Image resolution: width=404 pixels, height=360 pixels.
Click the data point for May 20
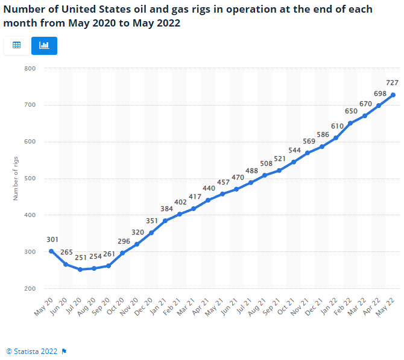(51, 251)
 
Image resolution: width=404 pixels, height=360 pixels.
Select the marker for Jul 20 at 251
(80, 270)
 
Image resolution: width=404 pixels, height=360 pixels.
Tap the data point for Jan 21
(165, 221)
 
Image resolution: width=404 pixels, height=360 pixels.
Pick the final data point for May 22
(393, 95)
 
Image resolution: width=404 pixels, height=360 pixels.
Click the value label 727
(392, 83)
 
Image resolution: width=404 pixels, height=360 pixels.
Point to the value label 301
(52, 239)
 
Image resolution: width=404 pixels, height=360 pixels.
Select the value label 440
(209, 188)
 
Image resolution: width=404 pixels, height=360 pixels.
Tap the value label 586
(323, 134)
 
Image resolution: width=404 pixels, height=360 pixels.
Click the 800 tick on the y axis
(30, 69)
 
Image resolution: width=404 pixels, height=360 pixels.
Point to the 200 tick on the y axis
(30, 289)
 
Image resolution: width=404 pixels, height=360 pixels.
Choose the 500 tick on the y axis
(30, 178)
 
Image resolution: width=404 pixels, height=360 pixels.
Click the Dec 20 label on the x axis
(144, 307)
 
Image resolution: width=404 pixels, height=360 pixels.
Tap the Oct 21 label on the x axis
(286, 307)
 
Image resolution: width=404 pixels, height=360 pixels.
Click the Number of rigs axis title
(16, 178)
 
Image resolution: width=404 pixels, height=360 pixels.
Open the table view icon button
(17, 45)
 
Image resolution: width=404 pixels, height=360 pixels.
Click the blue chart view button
(44, 46)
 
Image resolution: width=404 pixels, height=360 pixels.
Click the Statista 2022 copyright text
(32, 352)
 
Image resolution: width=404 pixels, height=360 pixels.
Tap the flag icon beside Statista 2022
(64, 352)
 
